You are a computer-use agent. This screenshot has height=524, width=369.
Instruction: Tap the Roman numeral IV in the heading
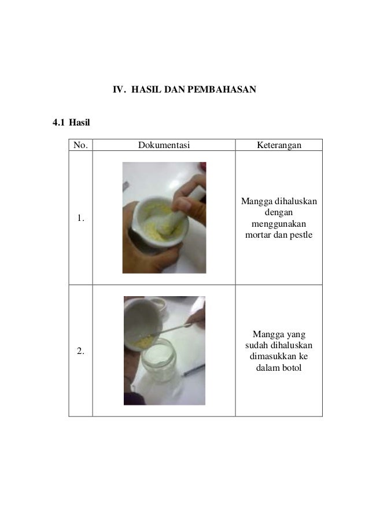pyautogui.click(x=119, y=90)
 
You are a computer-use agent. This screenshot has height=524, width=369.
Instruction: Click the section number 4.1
pyautogui.click(x=58, y=122)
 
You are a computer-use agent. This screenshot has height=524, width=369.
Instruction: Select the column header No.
pyautogui.click(x=80, y=145)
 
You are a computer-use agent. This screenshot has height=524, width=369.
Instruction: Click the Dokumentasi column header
pyautogui.click(x=164, y=145)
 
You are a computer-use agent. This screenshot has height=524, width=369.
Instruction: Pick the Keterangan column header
pyautogui.click(x=279, y=145)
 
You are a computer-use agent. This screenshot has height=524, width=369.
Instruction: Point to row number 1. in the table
pyautogui.click(x=80, y=218)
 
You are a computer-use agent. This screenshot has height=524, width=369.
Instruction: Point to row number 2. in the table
pyautogui.click(x=80, y=351)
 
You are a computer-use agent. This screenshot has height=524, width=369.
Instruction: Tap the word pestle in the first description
pyautogui.click(x=301, y=235)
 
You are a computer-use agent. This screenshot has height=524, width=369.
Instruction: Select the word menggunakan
pyautogui.click(x=279, y=224)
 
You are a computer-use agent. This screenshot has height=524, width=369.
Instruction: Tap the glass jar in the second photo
pyautogui.click(x=159, y=360)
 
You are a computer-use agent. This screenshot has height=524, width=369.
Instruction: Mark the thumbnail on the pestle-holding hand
pyautogui.click(x=183, y=204)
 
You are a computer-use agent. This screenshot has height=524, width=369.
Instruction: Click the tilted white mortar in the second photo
pyautogui.click(x=142, y=323)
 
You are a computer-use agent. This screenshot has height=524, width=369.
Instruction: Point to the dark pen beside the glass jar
pyautogui.click(x=194, y=370)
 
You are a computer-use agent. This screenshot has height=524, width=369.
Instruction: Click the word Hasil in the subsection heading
pyautogui.click(x=79, y=122)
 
